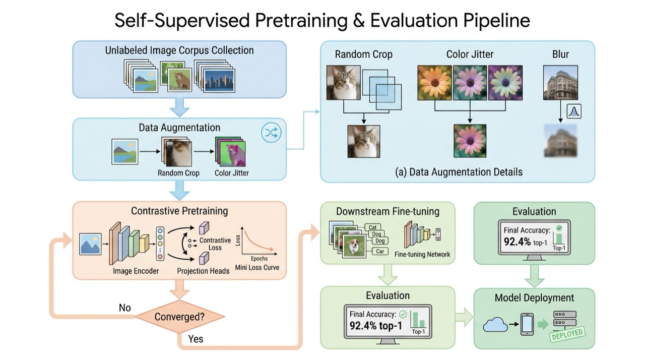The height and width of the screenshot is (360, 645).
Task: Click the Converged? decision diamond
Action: (x=179, y=317)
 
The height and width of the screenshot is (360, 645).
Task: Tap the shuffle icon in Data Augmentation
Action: (x=271, y=133)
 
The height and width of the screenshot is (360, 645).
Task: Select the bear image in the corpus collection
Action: (x=180, y=80)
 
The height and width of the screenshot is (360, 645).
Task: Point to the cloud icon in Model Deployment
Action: (x=495, y=324)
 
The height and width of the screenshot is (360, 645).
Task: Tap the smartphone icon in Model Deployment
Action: (x=527, y=324)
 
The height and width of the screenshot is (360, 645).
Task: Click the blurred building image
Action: (x=560, y=141)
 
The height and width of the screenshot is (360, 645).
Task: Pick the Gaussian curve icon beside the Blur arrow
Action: (x=574, y=111)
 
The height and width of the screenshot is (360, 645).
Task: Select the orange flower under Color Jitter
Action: (x=434, y=83)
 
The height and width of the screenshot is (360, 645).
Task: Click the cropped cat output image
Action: (x=364, y=141)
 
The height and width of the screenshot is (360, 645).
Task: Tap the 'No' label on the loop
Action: (x=125, y=308)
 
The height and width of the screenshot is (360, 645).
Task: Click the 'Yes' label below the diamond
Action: (x=196, y=339)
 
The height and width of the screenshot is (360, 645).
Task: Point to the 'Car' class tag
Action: (x=380, y=252)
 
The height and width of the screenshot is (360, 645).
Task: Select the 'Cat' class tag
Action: (x=372, y=227)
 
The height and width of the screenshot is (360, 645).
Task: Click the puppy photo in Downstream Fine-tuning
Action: (x=354, y=246)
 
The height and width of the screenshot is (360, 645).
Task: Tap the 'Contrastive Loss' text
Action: (x=215, y=244)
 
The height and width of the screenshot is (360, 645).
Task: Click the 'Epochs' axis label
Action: (x=259, y=259)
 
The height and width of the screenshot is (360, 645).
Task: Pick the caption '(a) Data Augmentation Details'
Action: (x=459, y=172)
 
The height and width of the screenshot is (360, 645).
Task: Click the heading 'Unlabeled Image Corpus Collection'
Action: (x=179, y=50)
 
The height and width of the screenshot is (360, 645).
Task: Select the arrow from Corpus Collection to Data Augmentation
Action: (x=180, y=107)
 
